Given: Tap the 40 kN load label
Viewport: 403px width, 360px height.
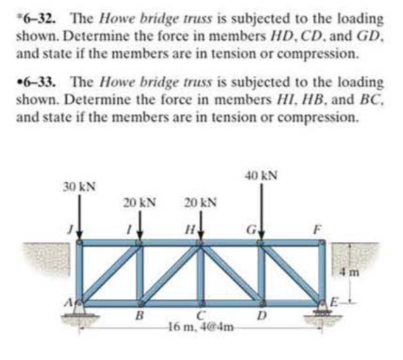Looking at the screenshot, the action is click(x=262, y=173).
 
